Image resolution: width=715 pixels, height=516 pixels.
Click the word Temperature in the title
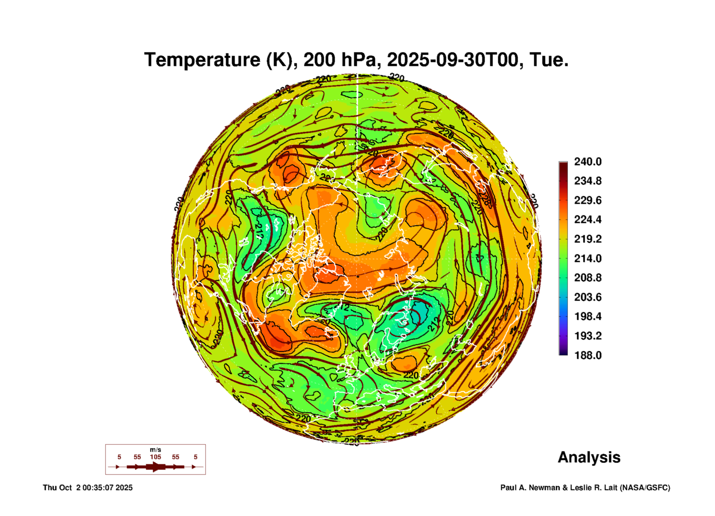click(202, 60)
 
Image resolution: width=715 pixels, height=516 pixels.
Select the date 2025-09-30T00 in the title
click(455, 60)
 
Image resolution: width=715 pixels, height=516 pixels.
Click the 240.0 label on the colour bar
click(588, 162)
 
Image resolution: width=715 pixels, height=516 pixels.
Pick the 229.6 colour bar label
click(588, 200)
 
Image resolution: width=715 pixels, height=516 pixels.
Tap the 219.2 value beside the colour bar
click(588, 239)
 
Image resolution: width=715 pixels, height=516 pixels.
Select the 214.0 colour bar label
click(588, 258)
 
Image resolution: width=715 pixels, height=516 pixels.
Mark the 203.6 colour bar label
click(588, 297)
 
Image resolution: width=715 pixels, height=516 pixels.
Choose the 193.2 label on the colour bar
click(588, 336)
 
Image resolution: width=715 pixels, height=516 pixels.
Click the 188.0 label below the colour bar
click(588, 355)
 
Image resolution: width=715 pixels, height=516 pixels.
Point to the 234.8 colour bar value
click(588, 181)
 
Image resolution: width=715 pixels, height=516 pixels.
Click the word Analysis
click(589, 457)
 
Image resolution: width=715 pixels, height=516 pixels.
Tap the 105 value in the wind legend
click(156, 457)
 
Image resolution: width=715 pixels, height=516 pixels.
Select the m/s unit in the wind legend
click(156, 450)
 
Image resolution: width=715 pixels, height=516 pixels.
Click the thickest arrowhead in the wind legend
click(156, 467)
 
